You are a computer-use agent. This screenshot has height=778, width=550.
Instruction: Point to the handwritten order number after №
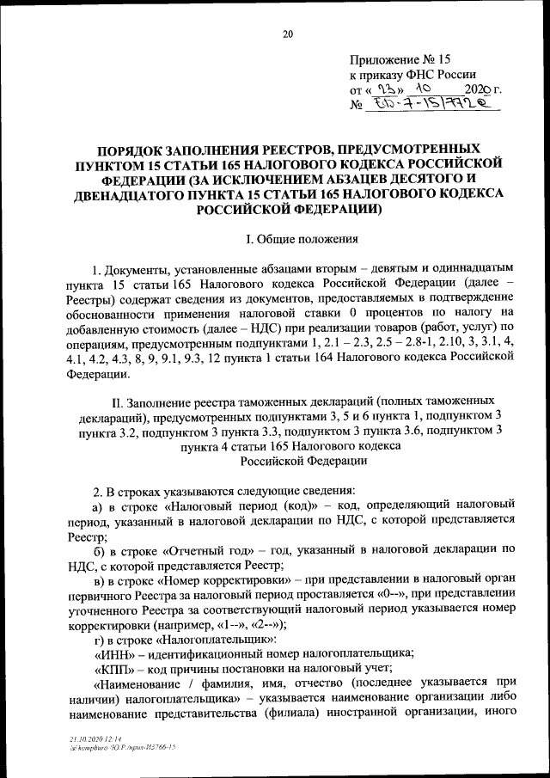[425, 105]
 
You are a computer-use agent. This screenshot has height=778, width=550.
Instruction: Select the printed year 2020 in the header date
[478, 89]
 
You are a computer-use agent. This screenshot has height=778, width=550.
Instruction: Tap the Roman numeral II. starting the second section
[117, 403]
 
